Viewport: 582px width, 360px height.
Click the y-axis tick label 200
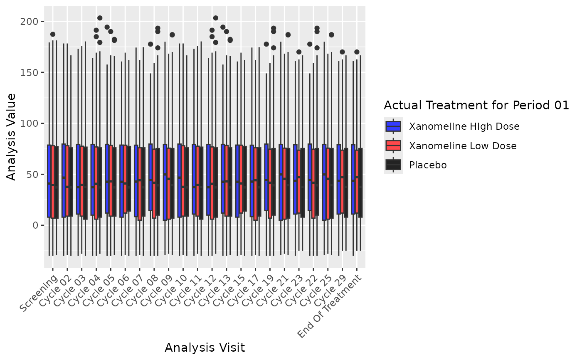pos(32,22)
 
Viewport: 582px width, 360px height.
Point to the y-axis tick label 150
pos(32,72)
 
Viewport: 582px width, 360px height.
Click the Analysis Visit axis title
pos(205,348)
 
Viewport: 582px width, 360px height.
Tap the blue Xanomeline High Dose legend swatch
pos(393,126)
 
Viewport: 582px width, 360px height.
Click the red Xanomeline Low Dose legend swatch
pos(393,145)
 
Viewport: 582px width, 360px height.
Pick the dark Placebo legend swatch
pos(393,165)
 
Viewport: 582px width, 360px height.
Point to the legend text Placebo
pos(428,165)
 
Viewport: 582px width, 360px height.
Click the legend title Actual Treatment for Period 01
pos(476,106)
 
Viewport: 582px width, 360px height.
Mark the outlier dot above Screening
pos(53,35)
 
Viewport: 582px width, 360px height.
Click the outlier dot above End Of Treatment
pos(357,52)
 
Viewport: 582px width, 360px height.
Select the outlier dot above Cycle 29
pos(342,52)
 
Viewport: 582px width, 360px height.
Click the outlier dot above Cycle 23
pos(299,52)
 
